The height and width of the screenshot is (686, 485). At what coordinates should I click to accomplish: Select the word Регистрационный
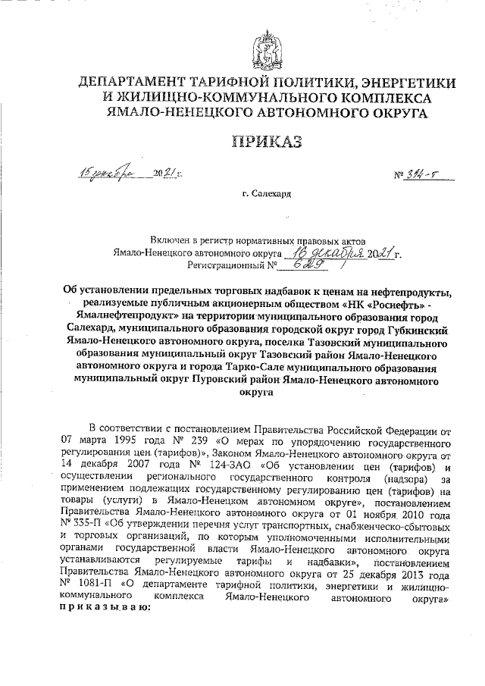(x=227, y=266)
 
